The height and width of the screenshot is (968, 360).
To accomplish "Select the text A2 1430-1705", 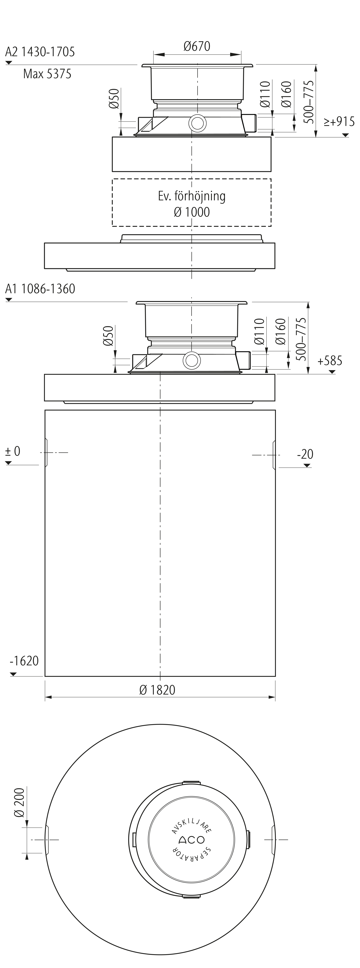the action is tap(40, 52).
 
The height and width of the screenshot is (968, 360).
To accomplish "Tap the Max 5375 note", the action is tap(47, 74).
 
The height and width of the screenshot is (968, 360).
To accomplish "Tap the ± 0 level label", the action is tap(13, 451).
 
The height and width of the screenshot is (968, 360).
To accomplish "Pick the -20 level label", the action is tap(305, 454).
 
